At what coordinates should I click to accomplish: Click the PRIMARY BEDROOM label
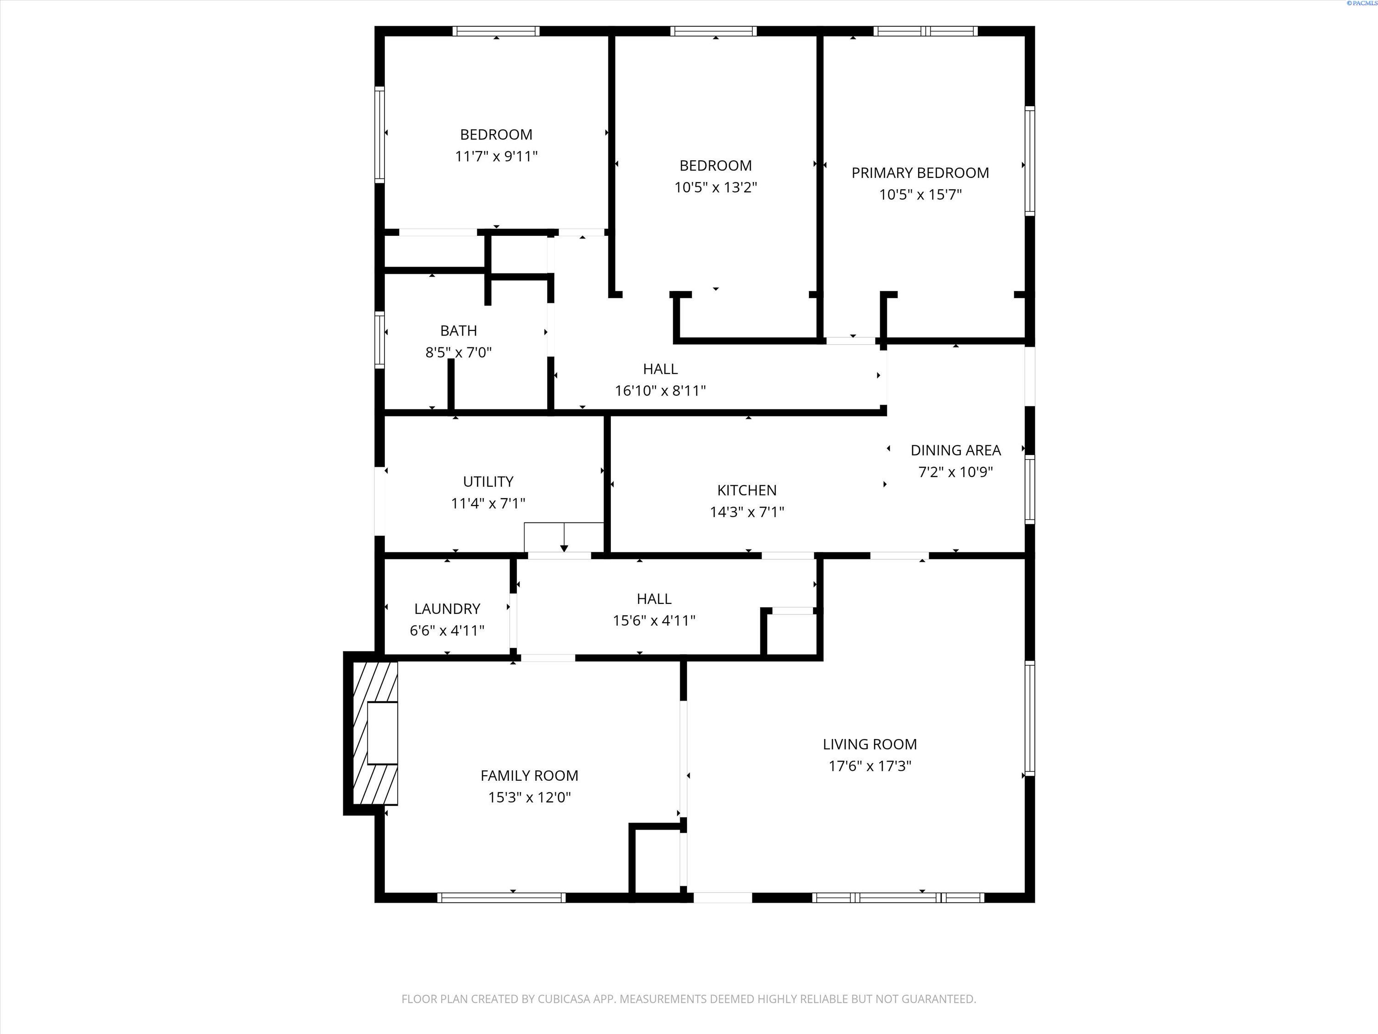tap(920, 173)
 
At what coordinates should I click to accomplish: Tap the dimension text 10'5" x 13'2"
tap(715, 187)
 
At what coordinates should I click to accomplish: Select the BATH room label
tap(458, 330)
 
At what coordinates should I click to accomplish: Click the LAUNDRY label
tap(446, 608)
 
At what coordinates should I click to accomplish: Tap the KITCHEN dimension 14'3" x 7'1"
tap(746, 511)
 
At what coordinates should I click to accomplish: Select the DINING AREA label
tap(955, 450)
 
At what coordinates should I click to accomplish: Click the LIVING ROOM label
tap(870, 744)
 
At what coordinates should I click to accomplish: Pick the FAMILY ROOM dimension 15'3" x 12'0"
tap(529, 797)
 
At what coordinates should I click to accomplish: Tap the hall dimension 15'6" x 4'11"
tap(654, 620)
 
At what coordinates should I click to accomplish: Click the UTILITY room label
tap(488, 481)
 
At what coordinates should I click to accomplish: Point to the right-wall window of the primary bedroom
tap(1030, 161)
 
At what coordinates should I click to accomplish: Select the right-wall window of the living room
tap(1030, 718)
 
